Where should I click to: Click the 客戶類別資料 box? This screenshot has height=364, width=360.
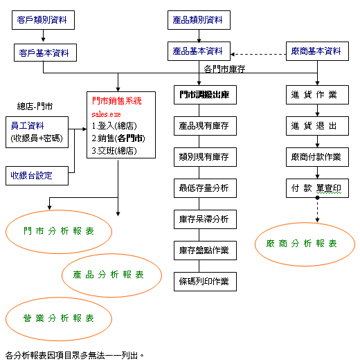[43, 20]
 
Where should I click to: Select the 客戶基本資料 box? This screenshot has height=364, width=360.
[45, 53]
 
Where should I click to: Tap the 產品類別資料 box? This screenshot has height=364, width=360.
[199, 20]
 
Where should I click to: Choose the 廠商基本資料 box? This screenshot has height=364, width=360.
[317, 51]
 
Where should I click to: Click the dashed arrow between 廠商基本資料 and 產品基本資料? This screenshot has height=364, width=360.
[258, 54]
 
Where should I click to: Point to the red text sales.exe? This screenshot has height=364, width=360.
[106, 114]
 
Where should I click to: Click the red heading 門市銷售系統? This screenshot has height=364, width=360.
[116, 101]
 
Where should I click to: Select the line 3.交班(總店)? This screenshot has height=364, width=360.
[114, 151]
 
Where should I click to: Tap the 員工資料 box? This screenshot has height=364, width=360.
[37, 132]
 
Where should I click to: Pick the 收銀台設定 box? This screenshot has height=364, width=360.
[37, 176]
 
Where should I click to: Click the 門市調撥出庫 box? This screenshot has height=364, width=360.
[206, 95]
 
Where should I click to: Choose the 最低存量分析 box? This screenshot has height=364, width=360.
[206, 188]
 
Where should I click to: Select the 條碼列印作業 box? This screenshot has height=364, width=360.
[206, 282]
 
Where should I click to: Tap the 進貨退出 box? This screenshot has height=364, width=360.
[317, 126]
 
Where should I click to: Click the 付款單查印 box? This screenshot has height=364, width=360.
[317, 188]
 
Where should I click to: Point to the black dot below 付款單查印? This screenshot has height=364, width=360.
[317, 198]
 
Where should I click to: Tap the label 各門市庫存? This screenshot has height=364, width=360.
[224, 69]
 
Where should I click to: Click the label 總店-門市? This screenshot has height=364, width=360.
[35, 107]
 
